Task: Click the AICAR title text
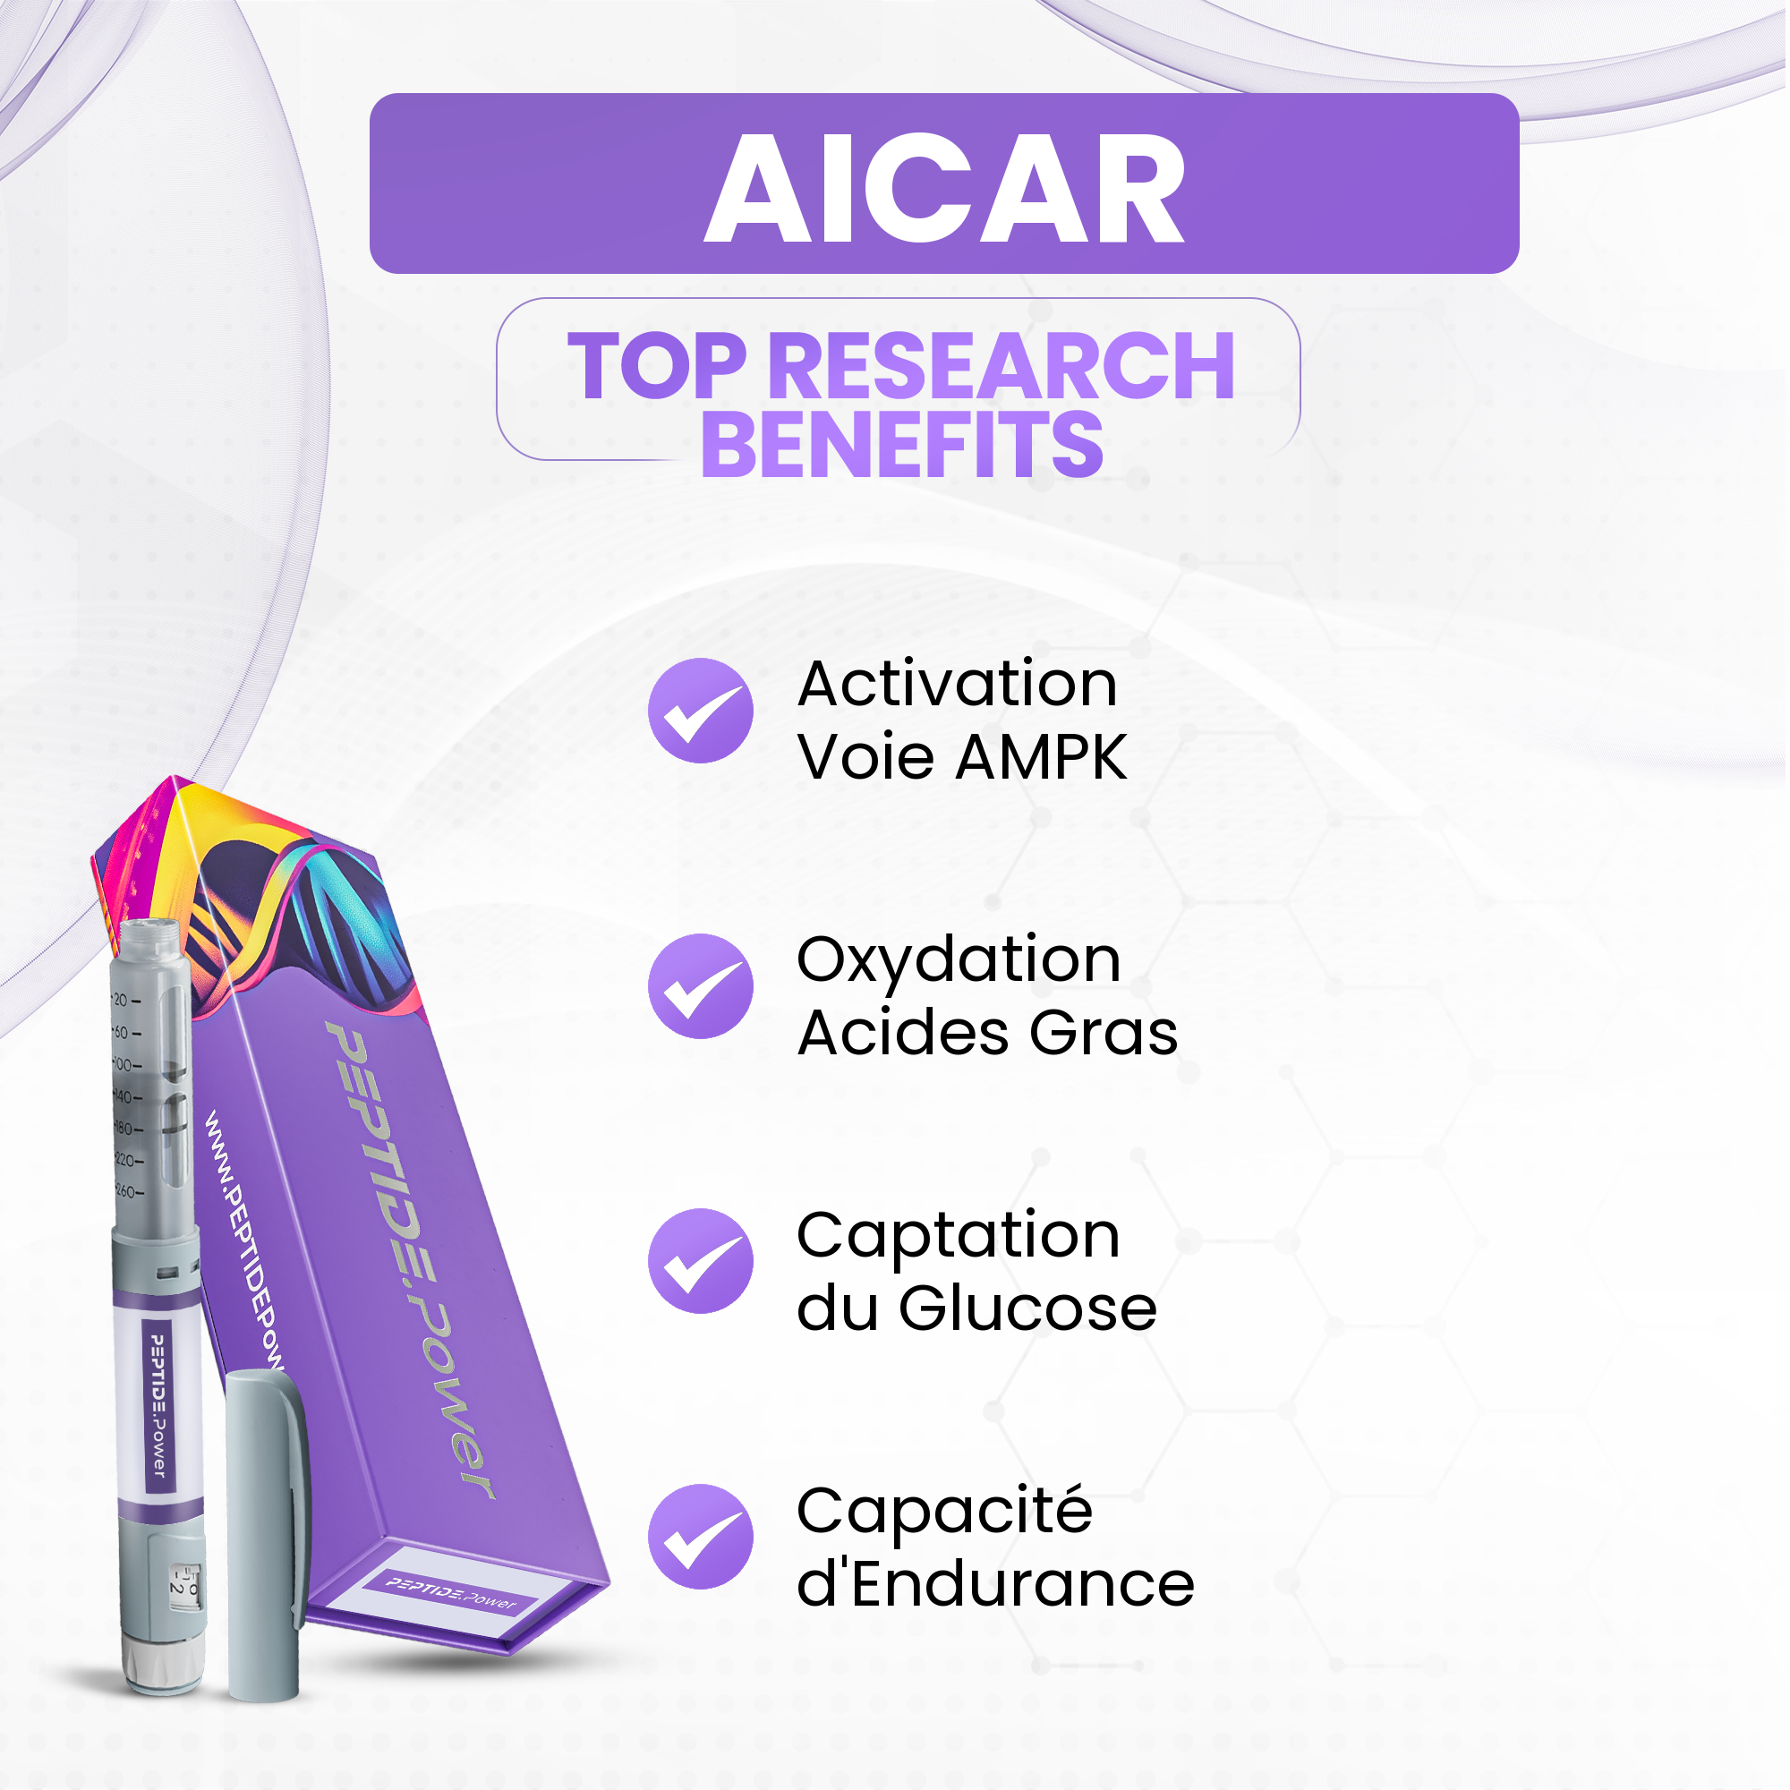tap(945, 188)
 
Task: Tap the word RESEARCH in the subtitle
tap(1002, 368)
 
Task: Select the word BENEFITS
tap(902, 447)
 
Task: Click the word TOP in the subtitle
tap(657, 368)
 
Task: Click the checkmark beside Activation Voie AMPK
tap(702, 712)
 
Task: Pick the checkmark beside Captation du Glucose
tap(702, 1263)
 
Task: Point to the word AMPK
tap(1043, 758)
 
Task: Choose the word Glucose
tap(1028, 1309)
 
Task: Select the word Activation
tap(958, 685)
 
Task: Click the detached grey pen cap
tap(267, 1538)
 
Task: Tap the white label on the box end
tap(451, 1598)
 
